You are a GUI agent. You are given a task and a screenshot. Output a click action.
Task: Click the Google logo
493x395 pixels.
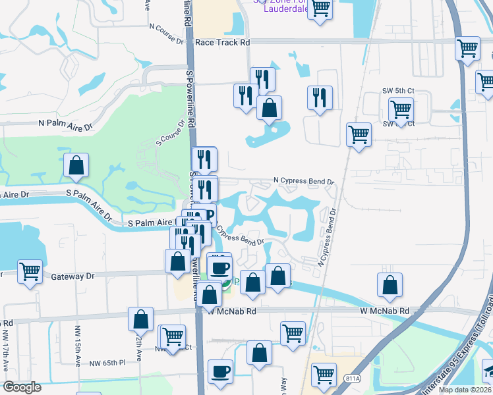pos(22,387)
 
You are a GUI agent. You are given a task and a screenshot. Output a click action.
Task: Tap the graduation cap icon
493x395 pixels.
pos(488,369)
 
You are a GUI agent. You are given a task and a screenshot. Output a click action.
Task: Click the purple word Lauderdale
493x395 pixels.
pos(285,9)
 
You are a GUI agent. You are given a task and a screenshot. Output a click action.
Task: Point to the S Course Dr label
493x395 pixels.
pos(170,132)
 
